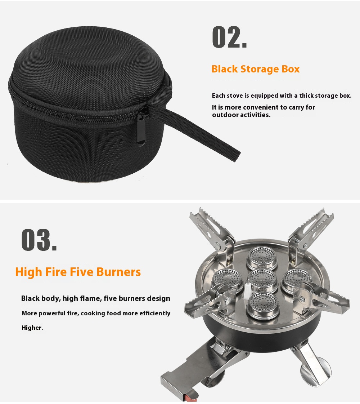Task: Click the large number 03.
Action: tap(39, 240)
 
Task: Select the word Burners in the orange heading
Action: tap(119, 272)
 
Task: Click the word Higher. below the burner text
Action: tap(32, 328)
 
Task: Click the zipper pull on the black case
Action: tap(141, 129)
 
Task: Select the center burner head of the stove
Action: tap(263, 280)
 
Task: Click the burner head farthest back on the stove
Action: tap(262, 258)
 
